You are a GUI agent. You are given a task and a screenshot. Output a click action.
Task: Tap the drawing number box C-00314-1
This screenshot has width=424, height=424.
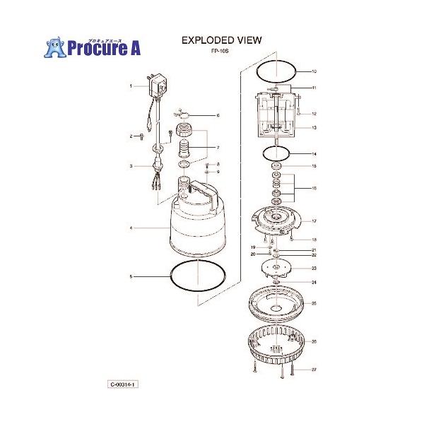pyautogui.click(x=122, y=384)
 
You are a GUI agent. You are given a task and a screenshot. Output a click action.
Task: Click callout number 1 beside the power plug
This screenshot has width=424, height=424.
pyautogui.click(x=131, y=86)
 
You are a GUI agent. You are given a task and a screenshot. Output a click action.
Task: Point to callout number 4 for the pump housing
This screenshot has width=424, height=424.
pyautogui.click(x=131, y=228)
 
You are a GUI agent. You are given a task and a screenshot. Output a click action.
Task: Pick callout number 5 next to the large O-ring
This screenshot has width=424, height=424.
pyautogui.click(x=131, y=276)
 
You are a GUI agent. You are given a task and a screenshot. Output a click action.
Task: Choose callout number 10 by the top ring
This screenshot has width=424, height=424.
pyautogui.click(x=314, y=72)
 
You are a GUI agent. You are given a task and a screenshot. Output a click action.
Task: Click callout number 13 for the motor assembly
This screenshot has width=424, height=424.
pyautogui.click(x=314, y=128)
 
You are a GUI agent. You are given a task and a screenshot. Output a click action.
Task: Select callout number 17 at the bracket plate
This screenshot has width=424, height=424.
pyautogui.click(x=314, y=221)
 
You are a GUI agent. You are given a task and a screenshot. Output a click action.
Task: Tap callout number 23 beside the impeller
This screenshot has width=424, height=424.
pyautogui.click(x=314, y=269)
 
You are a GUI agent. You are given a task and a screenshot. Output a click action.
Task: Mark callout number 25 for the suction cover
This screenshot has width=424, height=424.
pyautogui.click(x=314, y=304)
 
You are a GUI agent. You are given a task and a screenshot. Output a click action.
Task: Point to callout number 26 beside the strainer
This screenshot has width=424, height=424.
pyautogui.click(x=314, y=342)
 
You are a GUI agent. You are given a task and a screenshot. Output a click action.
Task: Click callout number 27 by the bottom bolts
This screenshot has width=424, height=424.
pyautogui.click(x=314, y=369)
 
